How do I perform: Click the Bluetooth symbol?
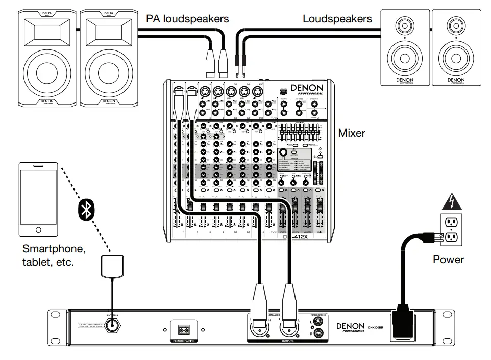click(x=84, y=209)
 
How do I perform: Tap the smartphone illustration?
click(x=38, y=199)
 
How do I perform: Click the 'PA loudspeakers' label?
click(x=187, y=19)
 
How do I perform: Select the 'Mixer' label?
click(x=352, y=133)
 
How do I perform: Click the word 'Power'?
click(x=448, y=259)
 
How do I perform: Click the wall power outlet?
click(x=451, y=229)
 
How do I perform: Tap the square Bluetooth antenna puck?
click(x=112, y=267)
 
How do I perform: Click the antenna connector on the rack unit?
click(x=112, y=326)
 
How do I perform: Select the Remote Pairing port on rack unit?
click(x=181, y=329)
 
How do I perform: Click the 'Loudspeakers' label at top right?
click(x=337, y=19)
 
